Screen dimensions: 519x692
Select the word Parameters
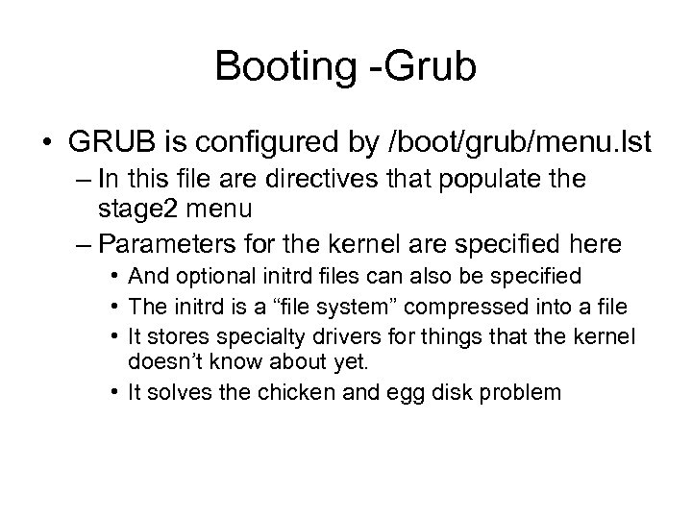(x=160, y=238)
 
